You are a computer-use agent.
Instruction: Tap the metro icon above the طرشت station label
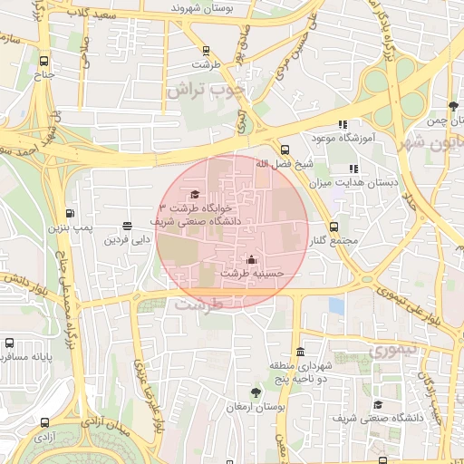click(206, 51)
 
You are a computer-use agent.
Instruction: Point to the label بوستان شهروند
click(200, 7)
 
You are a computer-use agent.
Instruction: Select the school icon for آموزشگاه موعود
click(343, 124)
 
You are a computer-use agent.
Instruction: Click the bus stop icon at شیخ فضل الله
click(285, 150)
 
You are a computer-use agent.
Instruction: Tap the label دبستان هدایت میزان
click(366, 182)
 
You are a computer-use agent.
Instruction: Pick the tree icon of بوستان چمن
click(453, 107)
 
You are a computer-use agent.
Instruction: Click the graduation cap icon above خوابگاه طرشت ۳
click(194, 194)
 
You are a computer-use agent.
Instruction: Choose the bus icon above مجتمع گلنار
click(333, 227)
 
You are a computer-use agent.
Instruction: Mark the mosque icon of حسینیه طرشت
click(252, 260)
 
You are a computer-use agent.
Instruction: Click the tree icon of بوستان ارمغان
click(257, 393)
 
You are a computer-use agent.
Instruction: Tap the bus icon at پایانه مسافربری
click(9, 343)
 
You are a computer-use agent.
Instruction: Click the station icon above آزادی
click(45, 422)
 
